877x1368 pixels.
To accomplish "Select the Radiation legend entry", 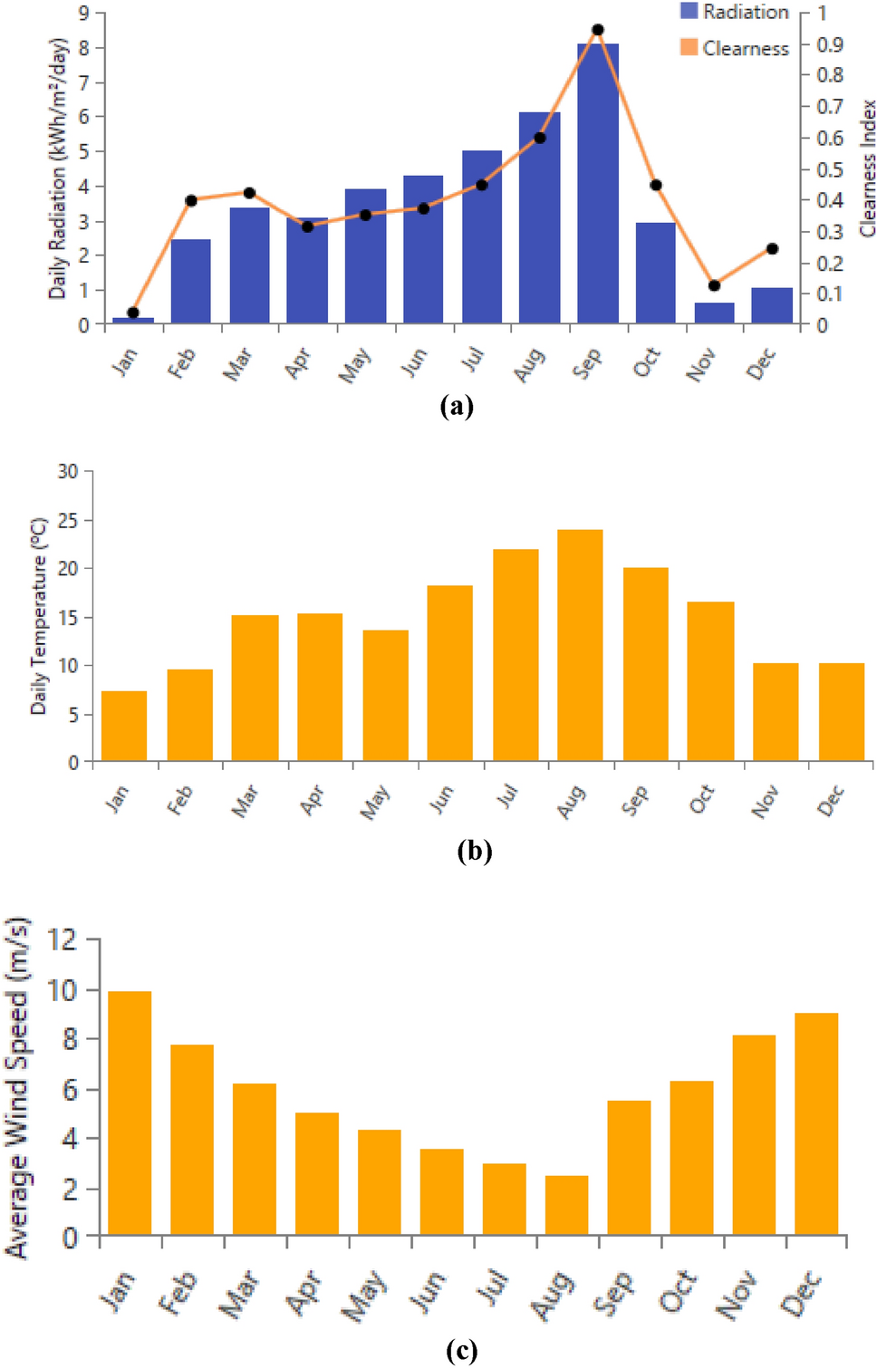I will (735, 12).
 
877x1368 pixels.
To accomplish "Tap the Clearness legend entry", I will (735, 48).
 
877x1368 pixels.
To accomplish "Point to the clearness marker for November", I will (714, 285).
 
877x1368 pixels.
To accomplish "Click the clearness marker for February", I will (190, 200).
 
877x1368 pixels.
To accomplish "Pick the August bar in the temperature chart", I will (580, 645).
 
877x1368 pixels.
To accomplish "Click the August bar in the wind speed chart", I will (566, 1205).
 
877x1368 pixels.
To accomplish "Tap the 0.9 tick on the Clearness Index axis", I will (830, 44).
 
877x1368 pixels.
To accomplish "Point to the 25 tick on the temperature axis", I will (68, 521).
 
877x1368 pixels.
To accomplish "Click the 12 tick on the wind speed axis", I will (63, 939).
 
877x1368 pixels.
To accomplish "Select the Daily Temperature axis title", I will (38, 616).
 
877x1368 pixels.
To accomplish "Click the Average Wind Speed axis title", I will (17, 1087).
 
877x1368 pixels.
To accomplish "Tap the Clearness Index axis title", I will (867, 169).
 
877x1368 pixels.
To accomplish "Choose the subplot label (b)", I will (474, 851).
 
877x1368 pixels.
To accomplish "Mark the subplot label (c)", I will (461, 1351).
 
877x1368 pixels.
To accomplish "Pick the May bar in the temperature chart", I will (385, 695).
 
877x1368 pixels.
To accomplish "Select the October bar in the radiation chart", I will (655, 273).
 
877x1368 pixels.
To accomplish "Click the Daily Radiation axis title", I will (58, 169).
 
